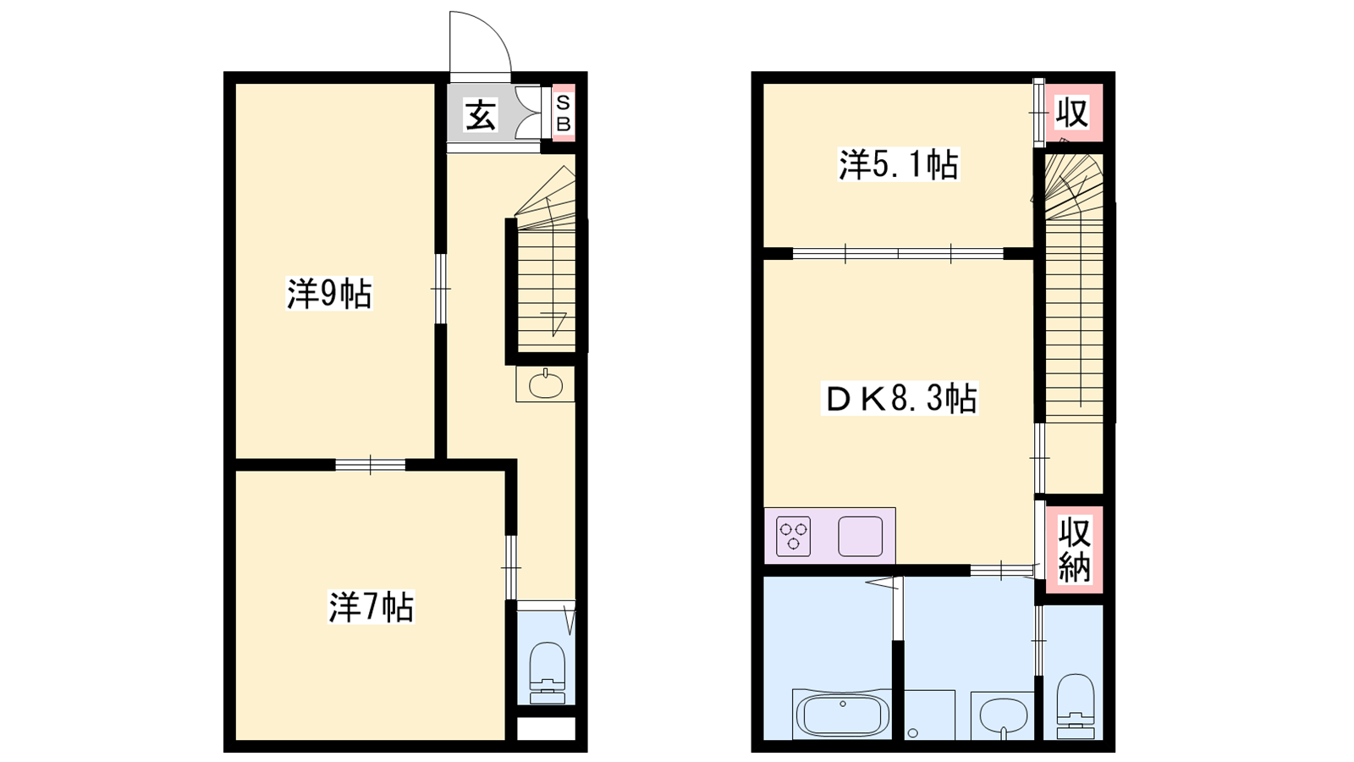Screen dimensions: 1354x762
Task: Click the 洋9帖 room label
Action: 329,294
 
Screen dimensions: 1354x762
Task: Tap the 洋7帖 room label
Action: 372,607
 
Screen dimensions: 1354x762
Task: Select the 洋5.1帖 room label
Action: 898,164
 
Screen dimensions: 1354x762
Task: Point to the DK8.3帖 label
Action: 900,397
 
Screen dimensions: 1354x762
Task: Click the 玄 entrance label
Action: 481,115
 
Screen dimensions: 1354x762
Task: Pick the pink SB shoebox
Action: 564,113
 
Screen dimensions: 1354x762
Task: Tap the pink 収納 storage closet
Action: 1074,549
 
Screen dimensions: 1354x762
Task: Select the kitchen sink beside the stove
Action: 860,537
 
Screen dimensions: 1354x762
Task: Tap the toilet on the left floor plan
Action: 547,672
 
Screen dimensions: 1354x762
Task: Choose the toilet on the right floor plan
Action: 1076,706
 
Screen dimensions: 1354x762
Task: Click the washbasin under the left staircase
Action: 546,384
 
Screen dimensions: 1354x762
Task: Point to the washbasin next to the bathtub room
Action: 1002,716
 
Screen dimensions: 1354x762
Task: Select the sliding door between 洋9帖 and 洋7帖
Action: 371,465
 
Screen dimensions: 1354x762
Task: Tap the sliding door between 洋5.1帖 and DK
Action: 898,253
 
